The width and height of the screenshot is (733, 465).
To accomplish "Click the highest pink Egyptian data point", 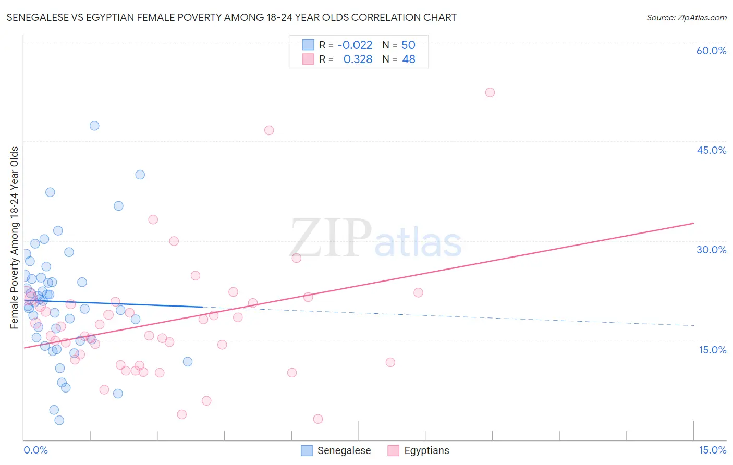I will [x=490, y=92].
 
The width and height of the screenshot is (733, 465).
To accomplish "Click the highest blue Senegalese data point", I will [x=94, y=126].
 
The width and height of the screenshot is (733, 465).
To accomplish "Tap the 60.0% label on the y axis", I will [x=711, y=51].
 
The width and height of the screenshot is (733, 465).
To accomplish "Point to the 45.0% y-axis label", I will [x=711, y=150].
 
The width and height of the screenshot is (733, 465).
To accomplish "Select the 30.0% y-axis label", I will [x=711, y=250].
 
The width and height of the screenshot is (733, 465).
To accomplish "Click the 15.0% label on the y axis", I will [x=712, y=350].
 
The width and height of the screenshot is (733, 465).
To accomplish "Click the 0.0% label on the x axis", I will [x=35, y=450].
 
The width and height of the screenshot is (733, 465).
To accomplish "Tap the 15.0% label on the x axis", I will [x=712, y=450].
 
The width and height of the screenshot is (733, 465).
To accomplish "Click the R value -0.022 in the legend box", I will [x=355, y=45].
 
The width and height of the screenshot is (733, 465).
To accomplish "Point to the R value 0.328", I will [x=358, y=59].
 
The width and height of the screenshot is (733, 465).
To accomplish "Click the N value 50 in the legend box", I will [x=408, y=45].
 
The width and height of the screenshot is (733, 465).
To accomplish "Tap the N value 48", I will [x=408, y=59].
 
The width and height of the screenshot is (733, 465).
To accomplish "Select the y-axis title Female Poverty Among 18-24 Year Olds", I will [x=15, y=238].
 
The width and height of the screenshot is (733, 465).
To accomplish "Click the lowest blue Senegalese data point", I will [x=59, y=420].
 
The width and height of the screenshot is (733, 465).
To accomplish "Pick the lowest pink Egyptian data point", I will [x=318, y=419].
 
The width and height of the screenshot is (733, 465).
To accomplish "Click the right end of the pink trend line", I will [x=694, y=223].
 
